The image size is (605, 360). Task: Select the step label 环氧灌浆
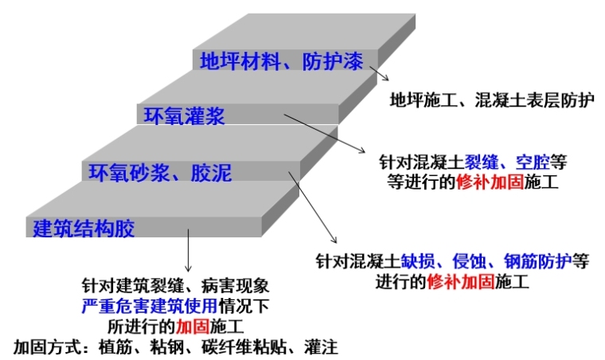pyautogui.click(x=184, y=116)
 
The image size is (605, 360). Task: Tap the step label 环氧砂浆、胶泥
pyautogui.click(x=159, y=171)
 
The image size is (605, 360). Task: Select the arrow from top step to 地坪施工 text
pyautogui.click(x=378, y=74)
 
